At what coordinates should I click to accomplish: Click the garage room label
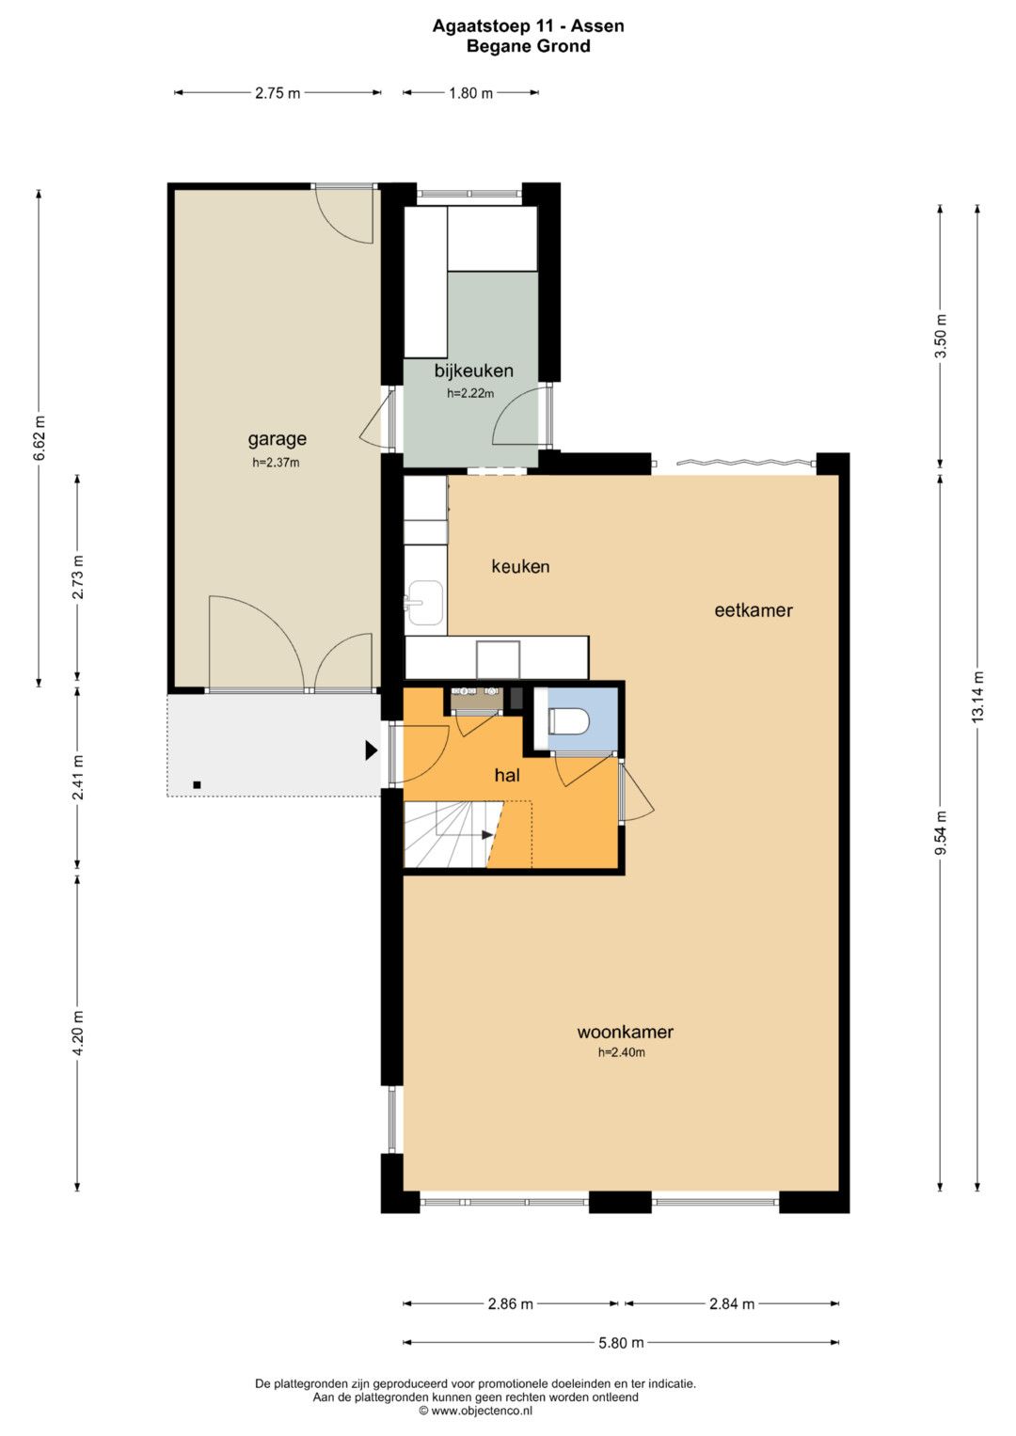click(278, 440)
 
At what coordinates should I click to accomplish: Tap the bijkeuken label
click(473, 371)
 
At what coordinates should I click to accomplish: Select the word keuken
click(520, 567)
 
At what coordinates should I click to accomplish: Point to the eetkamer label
click(754, 610)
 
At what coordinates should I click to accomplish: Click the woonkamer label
click(626, 1033)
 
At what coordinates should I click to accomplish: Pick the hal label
click(507, 776)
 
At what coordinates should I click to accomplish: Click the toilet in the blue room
click(568, 721)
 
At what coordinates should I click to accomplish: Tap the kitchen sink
click(423, 603)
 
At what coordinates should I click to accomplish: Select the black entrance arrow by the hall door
click(372, 750)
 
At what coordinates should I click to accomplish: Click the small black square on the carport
click(197, 784)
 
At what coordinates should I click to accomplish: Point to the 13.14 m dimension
click(976, 697)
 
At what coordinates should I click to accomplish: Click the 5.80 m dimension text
click(621, 1342)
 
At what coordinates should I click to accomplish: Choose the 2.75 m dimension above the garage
click(278, 93)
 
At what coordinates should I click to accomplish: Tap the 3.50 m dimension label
click(941, 337)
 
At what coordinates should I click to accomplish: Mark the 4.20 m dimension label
click(77, 1033)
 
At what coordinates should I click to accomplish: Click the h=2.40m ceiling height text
click(622, 1052)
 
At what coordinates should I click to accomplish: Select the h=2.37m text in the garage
click(276, 463)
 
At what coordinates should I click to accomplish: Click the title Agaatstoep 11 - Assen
click(528, 25)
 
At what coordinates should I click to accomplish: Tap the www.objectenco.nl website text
click(481, 1411)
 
